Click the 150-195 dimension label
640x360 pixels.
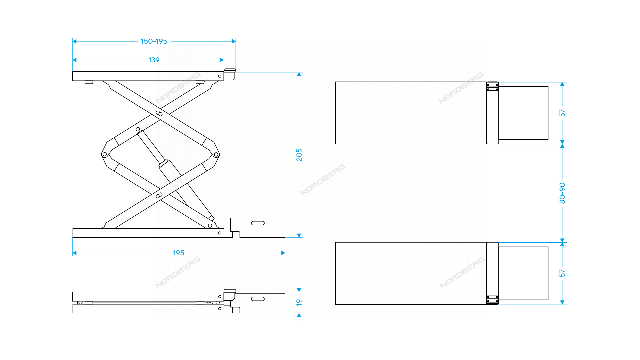154,41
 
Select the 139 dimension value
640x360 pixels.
154,60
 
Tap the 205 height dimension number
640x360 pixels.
299,155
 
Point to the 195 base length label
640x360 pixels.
178,253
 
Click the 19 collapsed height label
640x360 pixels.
299,302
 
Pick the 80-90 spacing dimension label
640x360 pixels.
562,193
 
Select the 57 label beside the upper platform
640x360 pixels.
562,113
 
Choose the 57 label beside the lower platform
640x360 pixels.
562,273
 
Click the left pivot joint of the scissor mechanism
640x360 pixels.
105,154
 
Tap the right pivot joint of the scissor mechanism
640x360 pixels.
216,154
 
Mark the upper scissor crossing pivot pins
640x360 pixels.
159,114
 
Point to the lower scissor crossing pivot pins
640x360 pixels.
159,195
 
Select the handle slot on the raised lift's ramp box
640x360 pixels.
258,223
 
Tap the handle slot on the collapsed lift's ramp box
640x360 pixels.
258,299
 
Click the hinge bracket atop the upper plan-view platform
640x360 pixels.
492,86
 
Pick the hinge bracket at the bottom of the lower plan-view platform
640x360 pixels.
492,300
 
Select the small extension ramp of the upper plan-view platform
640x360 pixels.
523,113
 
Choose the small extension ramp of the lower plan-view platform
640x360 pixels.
523,273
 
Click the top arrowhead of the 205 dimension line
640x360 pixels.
299,74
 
